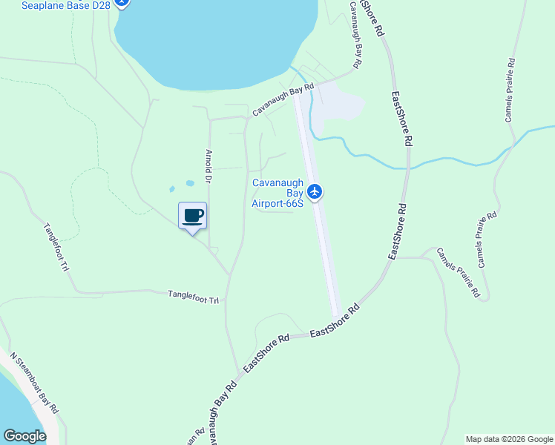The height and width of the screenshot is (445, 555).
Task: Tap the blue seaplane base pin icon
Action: pyautogui.click(x=123, y=3)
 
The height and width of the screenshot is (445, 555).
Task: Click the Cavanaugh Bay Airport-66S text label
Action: pyautogui.click(x=278, y=193)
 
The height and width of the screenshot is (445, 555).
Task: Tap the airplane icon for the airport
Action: pyautogui.click(x=315, y=192)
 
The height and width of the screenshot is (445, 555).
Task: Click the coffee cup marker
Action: pyautogui.click(x=193, y=216)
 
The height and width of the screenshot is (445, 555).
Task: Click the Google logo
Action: pyautogui.click(x=24, y=436)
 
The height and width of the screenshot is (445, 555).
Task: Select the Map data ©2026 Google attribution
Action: pyautogui.click(x=508, y=439)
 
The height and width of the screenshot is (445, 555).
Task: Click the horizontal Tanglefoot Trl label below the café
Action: pyautogui.click(x=194, y=297)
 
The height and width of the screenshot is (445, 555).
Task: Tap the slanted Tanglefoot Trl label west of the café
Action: pyautogui.click(x=56, y=246)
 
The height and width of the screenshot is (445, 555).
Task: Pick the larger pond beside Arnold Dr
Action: pyautogui.click(x=190, y=182)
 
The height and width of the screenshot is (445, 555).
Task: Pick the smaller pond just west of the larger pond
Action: pyautogui.click(x=173, y=189)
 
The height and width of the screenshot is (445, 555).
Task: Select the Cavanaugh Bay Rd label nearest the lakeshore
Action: pyautogui.click(x=283, y=99)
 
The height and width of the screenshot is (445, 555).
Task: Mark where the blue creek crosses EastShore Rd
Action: pyautogui.click(x=409, y=164)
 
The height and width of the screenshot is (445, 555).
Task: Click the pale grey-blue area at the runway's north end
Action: pyautogui.click(x=338, y=104)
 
